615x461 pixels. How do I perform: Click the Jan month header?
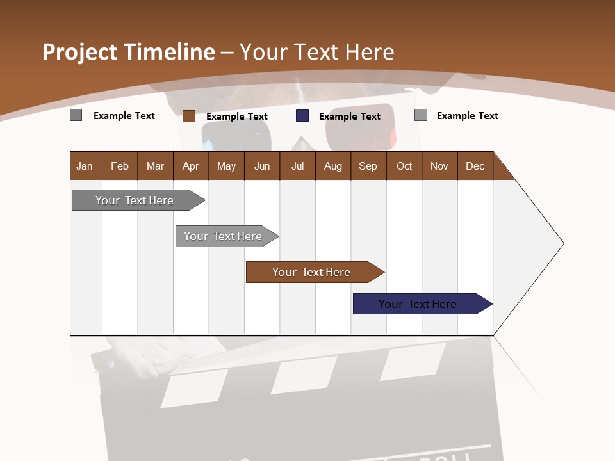coord(85,166)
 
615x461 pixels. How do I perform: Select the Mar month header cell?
coord(155,166)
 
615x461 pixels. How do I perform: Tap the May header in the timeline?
coord(226,166)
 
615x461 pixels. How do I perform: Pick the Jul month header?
coord(297,166)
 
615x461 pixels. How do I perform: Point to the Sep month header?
coord(368,166)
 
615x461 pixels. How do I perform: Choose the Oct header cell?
coord(404,166)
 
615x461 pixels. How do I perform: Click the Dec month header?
coord(475,166)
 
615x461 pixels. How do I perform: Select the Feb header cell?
coord(120,166)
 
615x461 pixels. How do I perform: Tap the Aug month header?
coord(332,166)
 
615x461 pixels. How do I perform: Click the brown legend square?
coord(189,116)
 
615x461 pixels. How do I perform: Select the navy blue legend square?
coord(302,116)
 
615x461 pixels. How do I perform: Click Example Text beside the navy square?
coord(350,117)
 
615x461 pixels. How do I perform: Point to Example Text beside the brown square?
coord(237,117)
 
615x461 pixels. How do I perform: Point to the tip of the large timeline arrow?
coord(562,243)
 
